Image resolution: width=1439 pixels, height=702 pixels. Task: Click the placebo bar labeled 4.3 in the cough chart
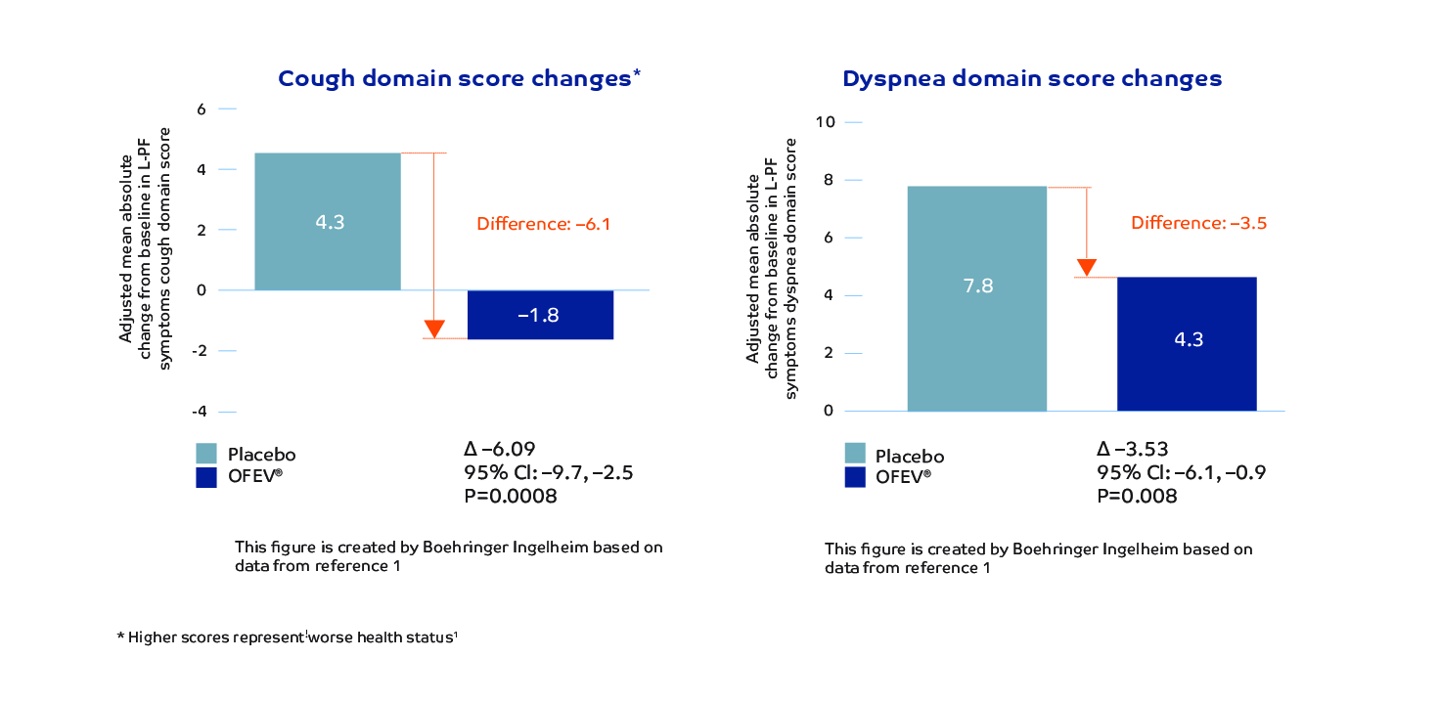(328, 221)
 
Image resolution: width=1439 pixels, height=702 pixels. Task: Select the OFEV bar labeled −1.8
(540, 315)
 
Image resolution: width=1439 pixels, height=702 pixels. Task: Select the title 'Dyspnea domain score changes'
(1032, 79)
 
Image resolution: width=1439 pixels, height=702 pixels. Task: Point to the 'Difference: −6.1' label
(543, 224)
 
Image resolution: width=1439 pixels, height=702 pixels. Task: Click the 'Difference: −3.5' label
(1198, 223)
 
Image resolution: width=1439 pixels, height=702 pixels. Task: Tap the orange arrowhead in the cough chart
(434, 329)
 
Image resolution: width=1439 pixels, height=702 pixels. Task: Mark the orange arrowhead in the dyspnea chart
(1087, 268)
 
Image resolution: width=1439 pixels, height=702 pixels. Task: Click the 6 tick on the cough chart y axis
(202, 110)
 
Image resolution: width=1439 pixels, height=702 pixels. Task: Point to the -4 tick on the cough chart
(200, 412)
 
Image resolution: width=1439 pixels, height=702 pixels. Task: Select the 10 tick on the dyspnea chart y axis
(828, 122)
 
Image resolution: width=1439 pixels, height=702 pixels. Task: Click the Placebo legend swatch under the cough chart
(206, 454)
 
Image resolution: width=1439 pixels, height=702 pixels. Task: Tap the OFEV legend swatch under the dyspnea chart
(856, 477)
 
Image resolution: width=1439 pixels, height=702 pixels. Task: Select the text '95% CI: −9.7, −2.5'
(549, 474)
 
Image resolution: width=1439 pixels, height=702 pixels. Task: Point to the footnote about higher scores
(288, 637)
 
